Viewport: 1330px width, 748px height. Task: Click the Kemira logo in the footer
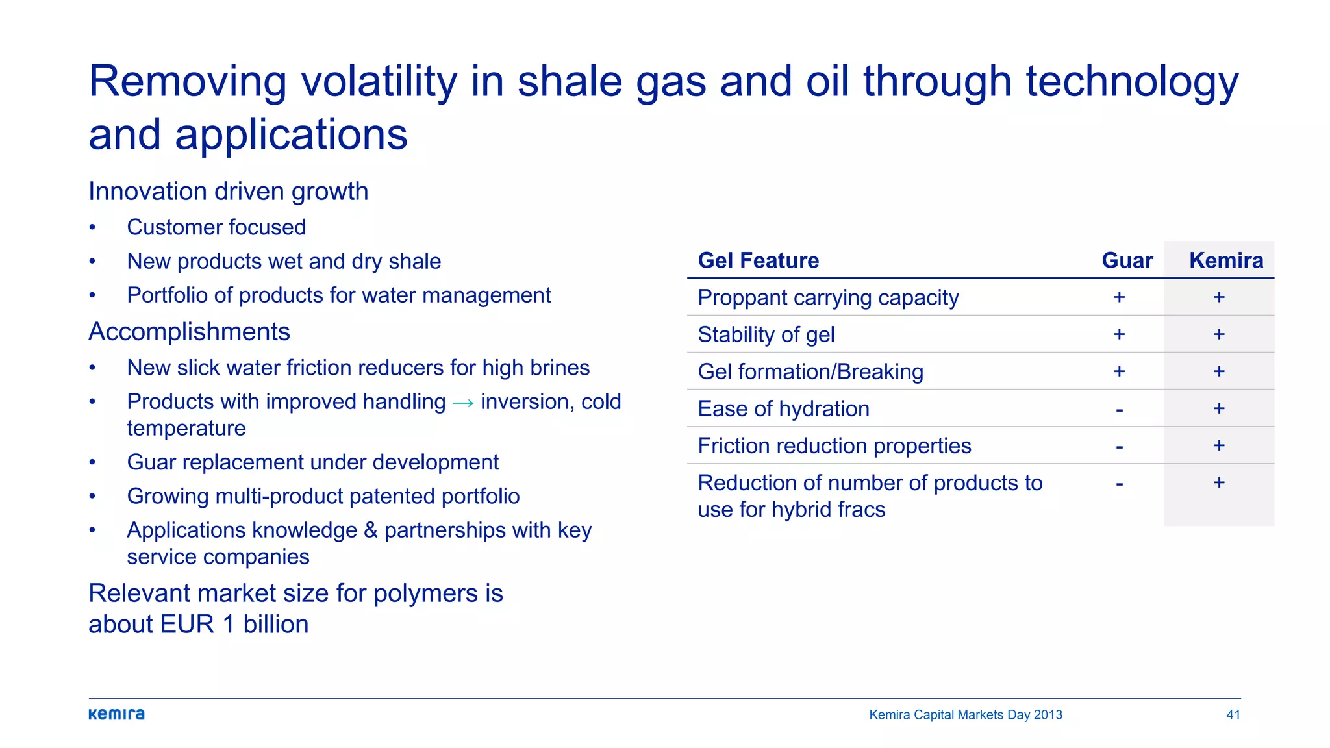(x=116, y=714)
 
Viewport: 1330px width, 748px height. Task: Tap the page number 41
(x=1233, y=715)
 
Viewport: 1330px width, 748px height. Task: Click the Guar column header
(x=1127, y=260)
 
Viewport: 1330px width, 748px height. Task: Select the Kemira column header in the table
(x=1225, y=260)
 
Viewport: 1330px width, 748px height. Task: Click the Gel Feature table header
(x=758, y=260)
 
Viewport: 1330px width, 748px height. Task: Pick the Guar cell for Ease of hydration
(x=1119, y=410)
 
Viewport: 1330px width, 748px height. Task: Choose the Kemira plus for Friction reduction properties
(x=1218, y=445)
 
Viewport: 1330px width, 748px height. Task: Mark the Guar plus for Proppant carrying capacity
(x=1119, y=297)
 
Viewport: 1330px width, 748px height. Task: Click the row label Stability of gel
(x=766, y=334)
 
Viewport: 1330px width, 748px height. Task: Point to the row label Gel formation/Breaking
(x=810, y=371)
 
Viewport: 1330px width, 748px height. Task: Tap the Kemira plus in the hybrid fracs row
(x=1218, y=482)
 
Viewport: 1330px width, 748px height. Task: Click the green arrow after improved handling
(x=463, y=403)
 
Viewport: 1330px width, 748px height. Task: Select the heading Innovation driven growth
(x=228, y=192)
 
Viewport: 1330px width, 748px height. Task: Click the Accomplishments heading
(x=189, y=332)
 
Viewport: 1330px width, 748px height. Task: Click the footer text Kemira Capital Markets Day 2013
(x=965, y=715)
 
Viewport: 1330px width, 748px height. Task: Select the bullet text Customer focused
(x=216, y=227)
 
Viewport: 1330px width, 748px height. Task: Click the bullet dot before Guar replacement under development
(x=92, y=462)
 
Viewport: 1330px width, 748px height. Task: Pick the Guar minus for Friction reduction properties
(x=1119, y=447)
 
